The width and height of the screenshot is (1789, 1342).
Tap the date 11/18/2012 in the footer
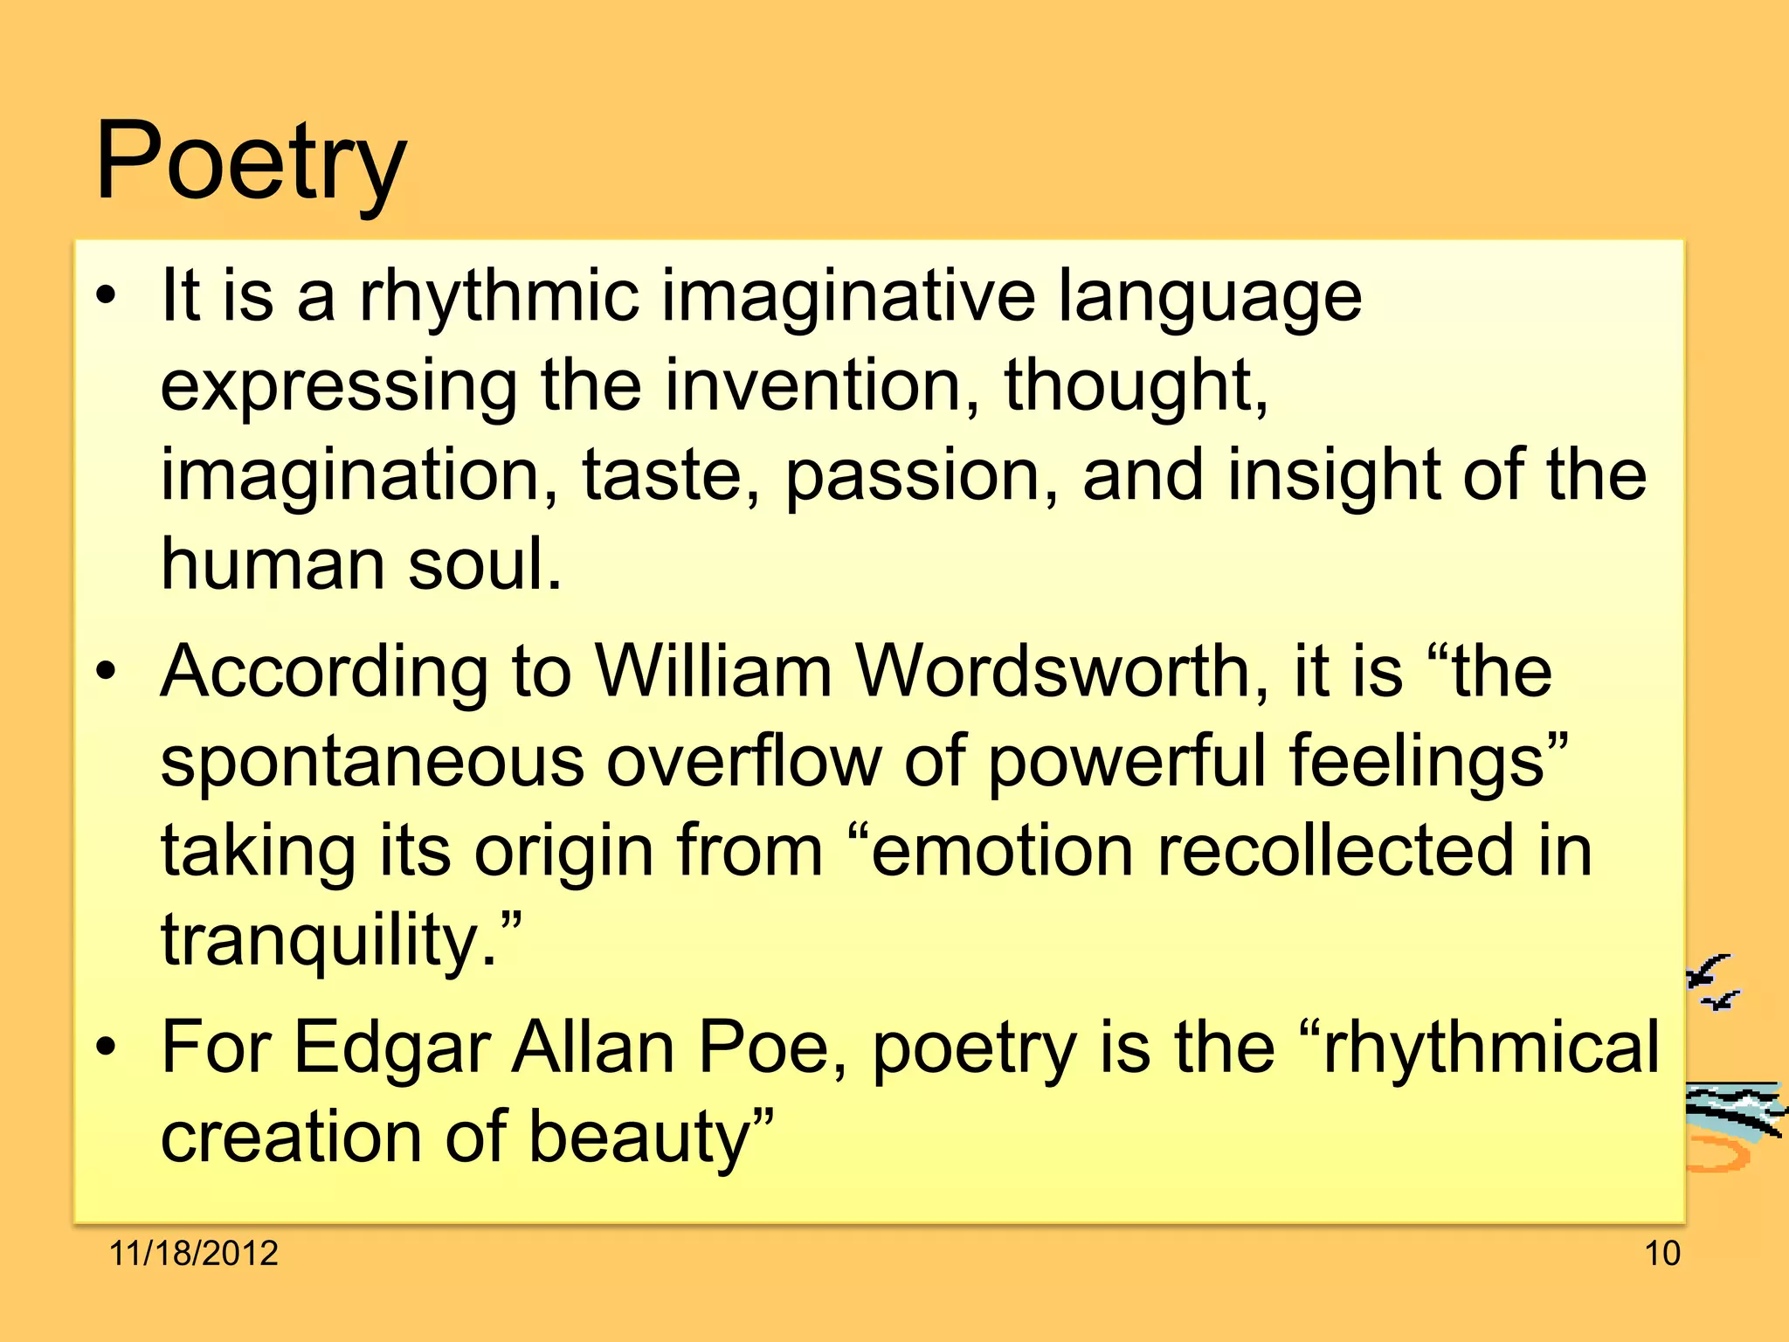[x=193, y=1253]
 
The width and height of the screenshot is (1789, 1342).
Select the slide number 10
[x=1662, y=1253]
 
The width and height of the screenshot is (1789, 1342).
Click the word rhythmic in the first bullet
[x=499, y=297]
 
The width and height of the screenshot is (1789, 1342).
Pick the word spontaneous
[x=371, y=761]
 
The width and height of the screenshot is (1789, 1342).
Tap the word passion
[x=912, y=475]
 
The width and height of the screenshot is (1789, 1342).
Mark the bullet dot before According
[x=106, y=672]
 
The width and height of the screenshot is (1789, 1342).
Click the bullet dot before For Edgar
[x=106, y=1048]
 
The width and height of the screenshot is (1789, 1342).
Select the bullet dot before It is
[x=106, y=297]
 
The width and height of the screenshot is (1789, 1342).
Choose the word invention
[x=812, y=385]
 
